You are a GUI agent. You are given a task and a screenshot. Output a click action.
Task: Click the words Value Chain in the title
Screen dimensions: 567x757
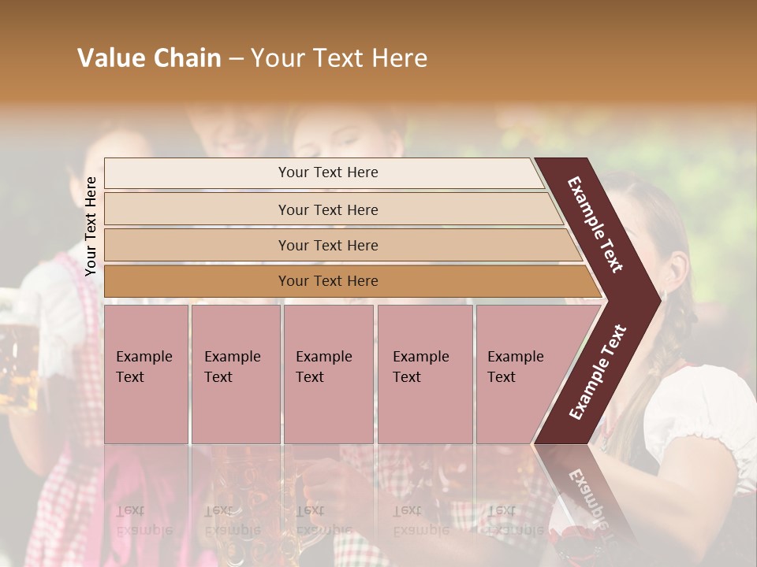tap(149, 58)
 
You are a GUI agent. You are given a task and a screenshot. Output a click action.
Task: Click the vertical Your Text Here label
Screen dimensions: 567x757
tap(91, 226)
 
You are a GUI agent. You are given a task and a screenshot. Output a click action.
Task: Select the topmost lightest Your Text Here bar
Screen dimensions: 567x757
tap(328, 172)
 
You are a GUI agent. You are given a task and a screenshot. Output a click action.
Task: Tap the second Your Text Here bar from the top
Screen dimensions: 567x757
tap(328, 209)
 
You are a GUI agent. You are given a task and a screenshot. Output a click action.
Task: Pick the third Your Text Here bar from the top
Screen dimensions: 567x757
tap(328, 245)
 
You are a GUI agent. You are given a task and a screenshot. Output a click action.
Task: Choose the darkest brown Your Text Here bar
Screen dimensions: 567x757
tap(328, 281)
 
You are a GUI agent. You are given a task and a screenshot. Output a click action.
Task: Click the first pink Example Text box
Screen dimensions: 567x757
tap(146, 374)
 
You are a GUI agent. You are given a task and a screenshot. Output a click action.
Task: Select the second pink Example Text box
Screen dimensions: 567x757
tap(235, 374)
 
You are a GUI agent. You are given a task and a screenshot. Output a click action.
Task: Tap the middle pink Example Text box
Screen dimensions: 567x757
tap(328, 374)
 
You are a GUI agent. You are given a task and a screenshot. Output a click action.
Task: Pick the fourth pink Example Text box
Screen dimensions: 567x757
tap(425, 374)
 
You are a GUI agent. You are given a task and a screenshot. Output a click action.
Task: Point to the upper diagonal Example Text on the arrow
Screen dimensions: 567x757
tap(595, 224)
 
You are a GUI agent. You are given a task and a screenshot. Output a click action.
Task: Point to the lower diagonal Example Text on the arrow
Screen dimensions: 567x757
tap(598, 372)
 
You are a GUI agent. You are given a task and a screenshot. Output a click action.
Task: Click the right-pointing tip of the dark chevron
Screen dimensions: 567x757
tap(656, 300)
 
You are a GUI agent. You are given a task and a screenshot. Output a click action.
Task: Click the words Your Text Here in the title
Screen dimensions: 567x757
tap(339, 58)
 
